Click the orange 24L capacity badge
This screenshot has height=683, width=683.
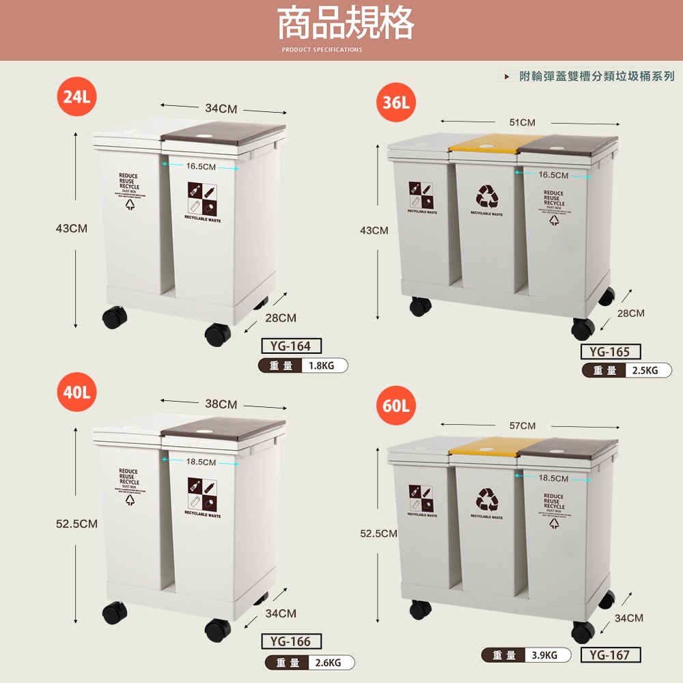pyautogui.click(x=76, y=97)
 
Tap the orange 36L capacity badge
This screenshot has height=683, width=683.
pyautogui.click(x=395, y=103)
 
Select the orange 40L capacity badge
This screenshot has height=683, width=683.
pyautogui.click(x=76, y=393)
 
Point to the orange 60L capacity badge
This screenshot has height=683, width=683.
pyautogui.click(x=395, y=406)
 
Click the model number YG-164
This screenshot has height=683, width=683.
pyautogui.click(x=291, y=346)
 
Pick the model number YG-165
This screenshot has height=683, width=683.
pyautogui.click(x=610, y=352)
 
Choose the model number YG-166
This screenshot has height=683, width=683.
pyautogui.click(x=291, y=641)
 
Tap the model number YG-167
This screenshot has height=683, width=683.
pyautogui.click(x=610, y=655)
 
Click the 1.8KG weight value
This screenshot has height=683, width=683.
pyautogui.click(x=321, y=365)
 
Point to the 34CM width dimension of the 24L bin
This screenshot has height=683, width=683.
pyautogui.click(x=221, y=109)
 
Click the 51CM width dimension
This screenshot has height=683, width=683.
pyautogui.click(x=522, y=122)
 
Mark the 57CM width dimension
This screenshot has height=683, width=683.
pyautogui.click(x=522, y=426)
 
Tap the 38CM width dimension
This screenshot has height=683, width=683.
pyautogui.click(x=221, y=404)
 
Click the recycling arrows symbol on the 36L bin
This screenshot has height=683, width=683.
pyautogui.click(x=487, y=197)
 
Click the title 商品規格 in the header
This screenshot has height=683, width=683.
pyautogui.click(x=345, y=25)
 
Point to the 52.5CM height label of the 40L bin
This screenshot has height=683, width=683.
pyautogui.click(x=76, y=524)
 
